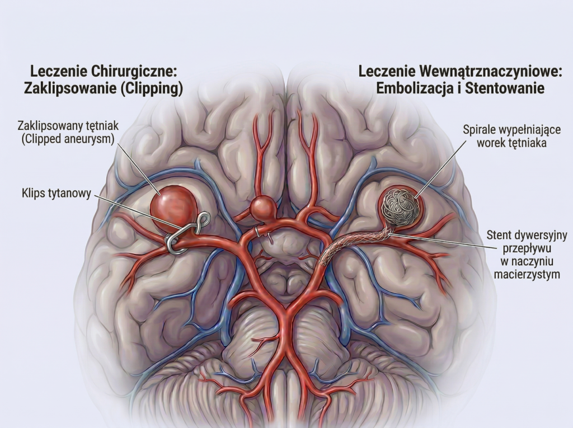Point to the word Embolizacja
tap(409, 89)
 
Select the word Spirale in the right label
tap(480, 130)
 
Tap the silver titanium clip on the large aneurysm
tap(185, 235)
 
